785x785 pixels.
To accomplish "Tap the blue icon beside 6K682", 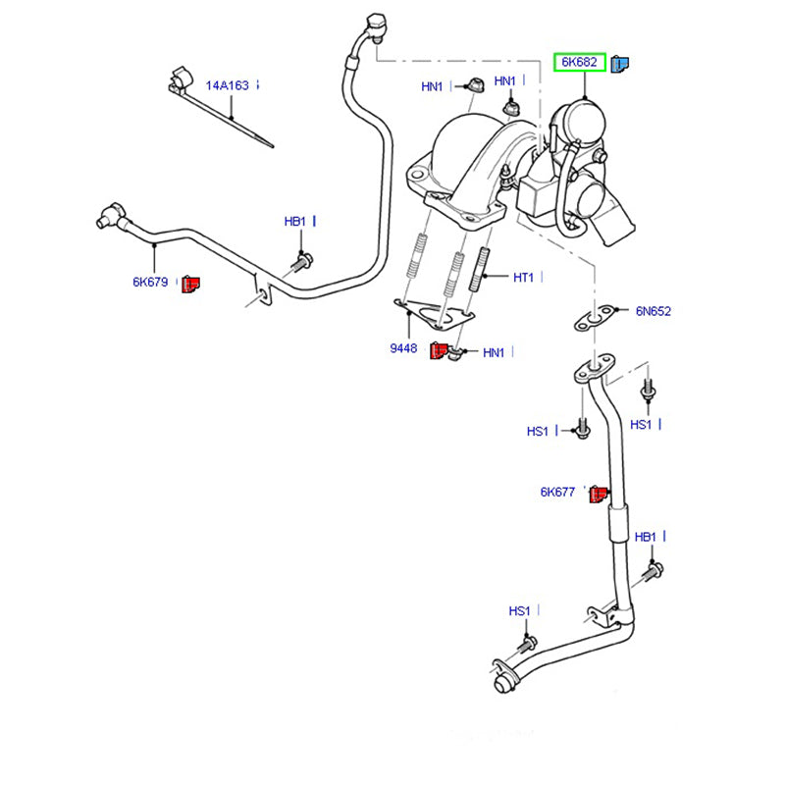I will pos(620,65).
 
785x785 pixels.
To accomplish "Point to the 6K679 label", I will pos(151,283).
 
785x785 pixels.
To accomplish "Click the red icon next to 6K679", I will pos(190,285).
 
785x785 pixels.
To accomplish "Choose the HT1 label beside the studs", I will pos(523,278).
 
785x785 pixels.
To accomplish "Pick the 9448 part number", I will pos(403,348).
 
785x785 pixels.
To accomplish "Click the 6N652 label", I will pos(652,311).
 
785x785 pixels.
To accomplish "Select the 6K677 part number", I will pos(556,492).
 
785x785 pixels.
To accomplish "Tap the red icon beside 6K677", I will pos(598,494).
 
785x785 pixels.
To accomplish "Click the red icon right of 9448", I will pos(438,351).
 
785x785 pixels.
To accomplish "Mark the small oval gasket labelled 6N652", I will pos(591,316).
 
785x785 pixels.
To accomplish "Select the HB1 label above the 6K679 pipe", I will pos(295,223).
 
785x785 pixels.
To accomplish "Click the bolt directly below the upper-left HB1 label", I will pos(302,261).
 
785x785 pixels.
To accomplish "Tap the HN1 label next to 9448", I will pos(494,352).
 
